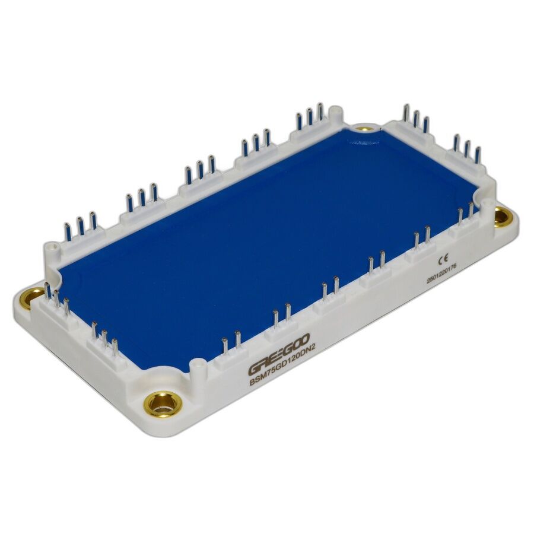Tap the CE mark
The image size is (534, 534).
(442, 259)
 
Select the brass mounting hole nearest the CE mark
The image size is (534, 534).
(501, 217)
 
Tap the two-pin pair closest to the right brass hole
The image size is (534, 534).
(465, 214)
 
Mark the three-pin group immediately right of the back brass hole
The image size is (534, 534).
(415, 118)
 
